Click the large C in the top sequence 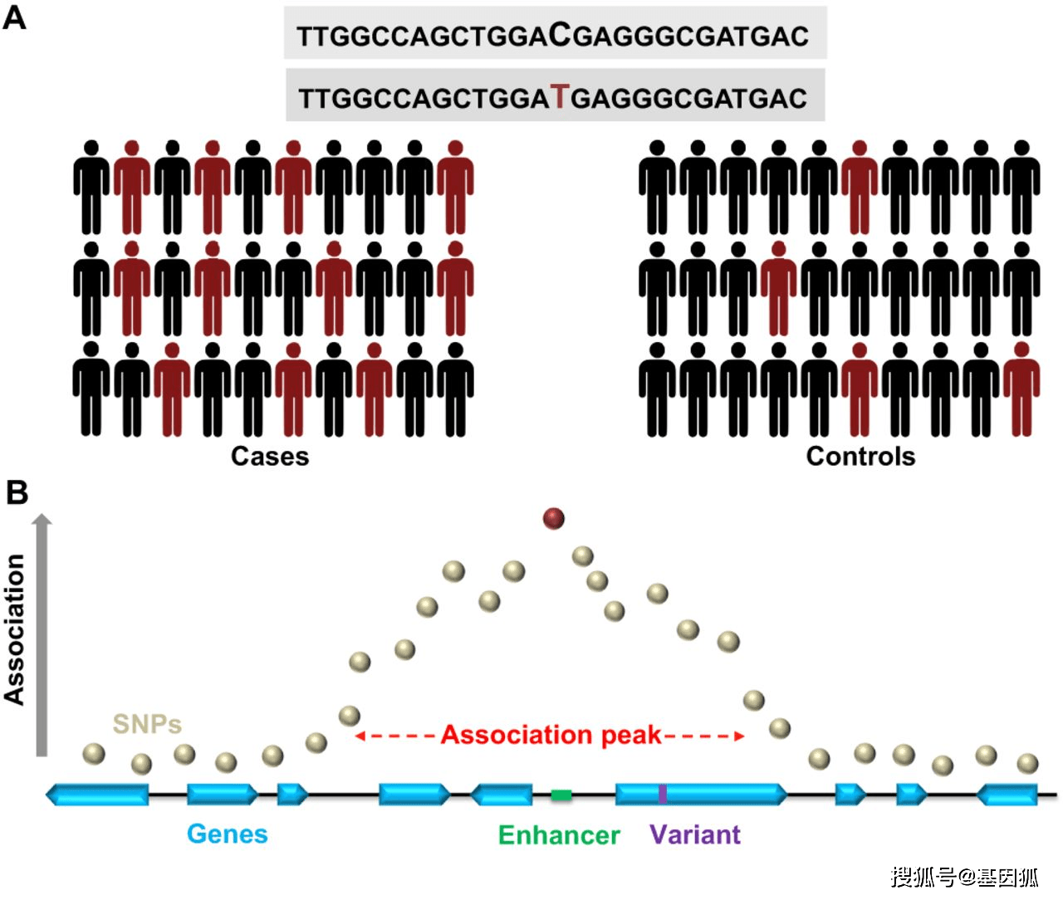pos(561,34)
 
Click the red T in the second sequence pos(561,97)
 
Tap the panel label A pos(14,17)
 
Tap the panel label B pos(17,492)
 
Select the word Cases pos(270,457)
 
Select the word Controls pos(860,457)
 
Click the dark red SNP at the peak pos(553,519)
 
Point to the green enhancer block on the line pos(561,795)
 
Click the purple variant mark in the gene pos(663,795)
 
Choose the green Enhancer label pos(559,835)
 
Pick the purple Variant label pos(695,834)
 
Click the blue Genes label pos(228,834)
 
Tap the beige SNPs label pos(147,724)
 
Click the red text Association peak pos(551,736)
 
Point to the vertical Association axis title pos(15,630)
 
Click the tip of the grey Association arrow pos(42,517)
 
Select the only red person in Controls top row pos(860,188)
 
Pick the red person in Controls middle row pos(778,289)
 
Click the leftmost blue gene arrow pos(97,795)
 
